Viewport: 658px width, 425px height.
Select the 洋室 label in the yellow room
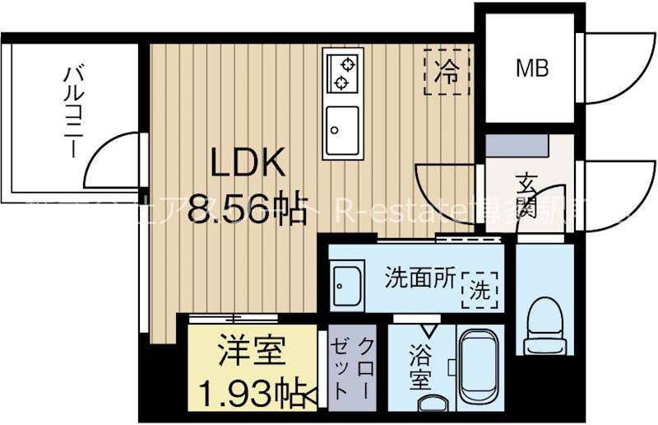coord(252,352)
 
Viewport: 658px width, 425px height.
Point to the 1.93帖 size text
coord(253,388)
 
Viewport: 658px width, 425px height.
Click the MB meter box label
coord(532,69)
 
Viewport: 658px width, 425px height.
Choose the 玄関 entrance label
coord(528,195)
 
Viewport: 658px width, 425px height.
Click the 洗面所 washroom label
coord(420,278)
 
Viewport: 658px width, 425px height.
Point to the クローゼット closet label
coord(352,369)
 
